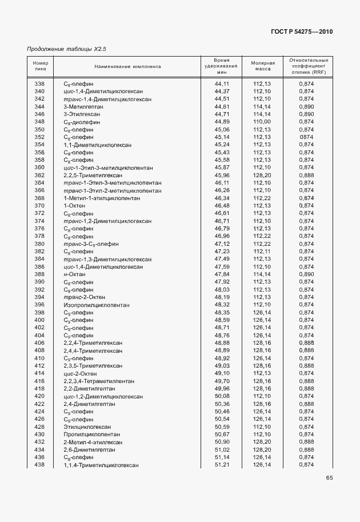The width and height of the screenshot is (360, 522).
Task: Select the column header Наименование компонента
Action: click(128, 66)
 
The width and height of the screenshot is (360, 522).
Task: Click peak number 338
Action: click(39, 83)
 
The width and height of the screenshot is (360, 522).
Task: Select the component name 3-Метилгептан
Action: click(83, 106)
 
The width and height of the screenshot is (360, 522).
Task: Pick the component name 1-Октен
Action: click(74, 205)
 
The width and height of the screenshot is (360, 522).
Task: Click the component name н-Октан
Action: click(74, 274)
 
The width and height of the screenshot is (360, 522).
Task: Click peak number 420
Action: click(39, 396)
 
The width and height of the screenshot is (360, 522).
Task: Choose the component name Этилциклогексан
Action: click(87, 427)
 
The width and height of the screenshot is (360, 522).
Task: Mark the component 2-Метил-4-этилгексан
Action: click(93, 442)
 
